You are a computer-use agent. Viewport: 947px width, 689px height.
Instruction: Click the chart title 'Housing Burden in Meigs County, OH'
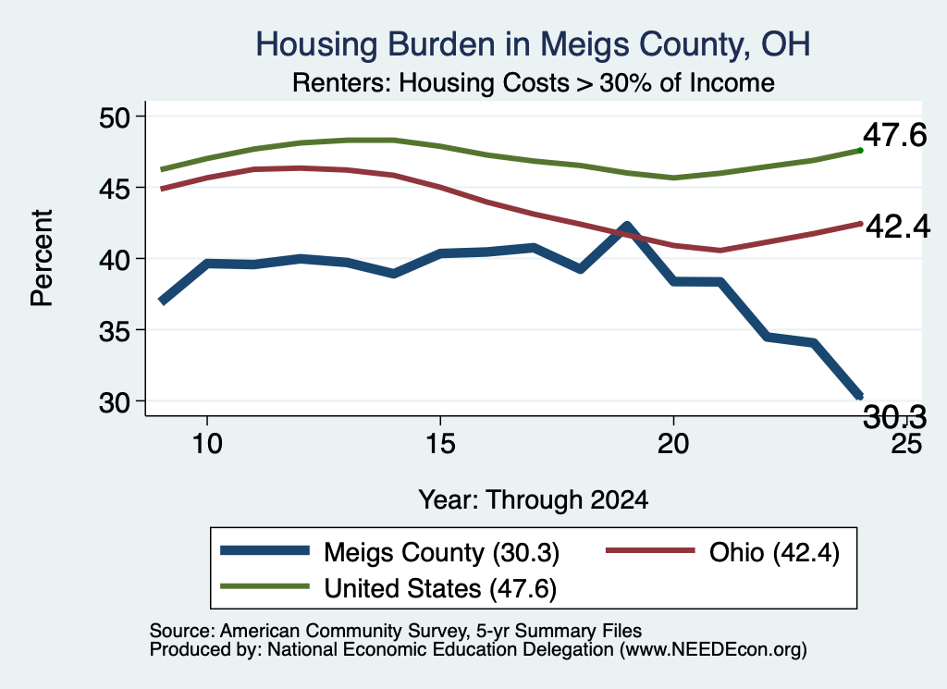pos(533,44)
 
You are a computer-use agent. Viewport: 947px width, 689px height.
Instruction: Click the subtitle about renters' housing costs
pos(534,82)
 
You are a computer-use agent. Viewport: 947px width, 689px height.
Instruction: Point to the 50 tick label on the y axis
pos(115,117)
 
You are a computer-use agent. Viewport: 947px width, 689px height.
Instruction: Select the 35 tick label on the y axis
pos(115,331)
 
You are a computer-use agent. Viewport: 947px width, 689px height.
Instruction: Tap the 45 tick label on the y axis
pos(115,189)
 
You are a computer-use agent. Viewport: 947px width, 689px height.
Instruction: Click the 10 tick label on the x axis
pos(207,444)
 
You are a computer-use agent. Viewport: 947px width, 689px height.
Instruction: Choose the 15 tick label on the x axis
pos(440,444)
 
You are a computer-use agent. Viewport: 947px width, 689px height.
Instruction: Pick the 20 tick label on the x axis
pos(673,444)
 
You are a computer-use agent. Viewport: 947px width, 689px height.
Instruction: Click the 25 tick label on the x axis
pos(906,444)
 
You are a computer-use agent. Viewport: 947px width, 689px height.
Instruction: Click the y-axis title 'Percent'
pos(42,258)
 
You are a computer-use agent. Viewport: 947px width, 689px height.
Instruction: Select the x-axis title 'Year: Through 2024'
pos(534,500)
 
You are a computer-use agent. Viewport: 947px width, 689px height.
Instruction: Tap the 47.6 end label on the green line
pos(894,135)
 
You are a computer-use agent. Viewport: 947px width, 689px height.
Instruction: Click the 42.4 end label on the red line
pos(898,227)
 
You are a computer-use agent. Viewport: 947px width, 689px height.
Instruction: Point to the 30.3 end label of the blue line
pos(894,417)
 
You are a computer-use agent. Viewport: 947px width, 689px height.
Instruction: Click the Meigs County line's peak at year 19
pos(627,228)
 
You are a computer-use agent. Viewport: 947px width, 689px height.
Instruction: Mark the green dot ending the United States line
pos(860,151)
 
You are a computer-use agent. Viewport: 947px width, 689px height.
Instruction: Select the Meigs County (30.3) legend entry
pos(389,552)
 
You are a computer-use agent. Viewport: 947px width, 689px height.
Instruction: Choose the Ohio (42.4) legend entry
pos(722,552)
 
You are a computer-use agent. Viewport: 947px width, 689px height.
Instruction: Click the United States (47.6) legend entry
pos(388,588)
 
